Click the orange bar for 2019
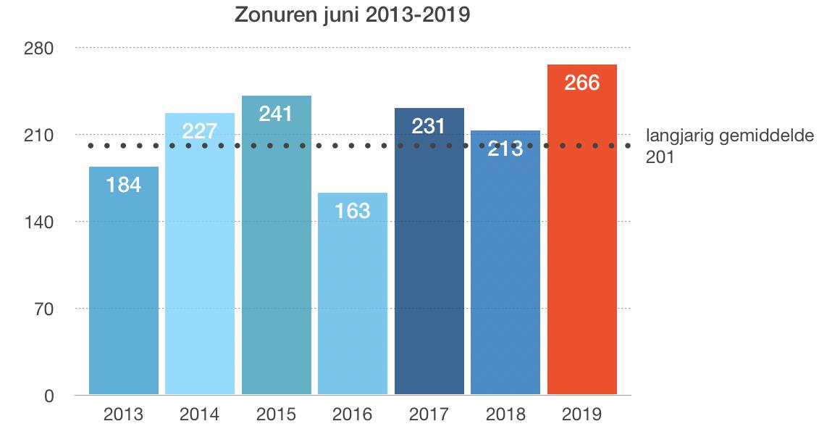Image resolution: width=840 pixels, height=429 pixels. (581, 239)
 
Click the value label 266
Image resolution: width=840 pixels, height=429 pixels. (581, 83)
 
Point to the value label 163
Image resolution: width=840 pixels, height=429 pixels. (353, 211)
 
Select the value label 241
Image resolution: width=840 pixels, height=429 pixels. (276, 114)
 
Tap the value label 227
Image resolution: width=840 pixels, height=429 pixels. (200, 131)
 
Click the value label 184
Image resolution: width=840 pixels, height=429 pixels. (124, 185)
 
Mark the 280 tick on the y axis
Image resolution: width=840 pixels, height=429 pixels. (40, 49)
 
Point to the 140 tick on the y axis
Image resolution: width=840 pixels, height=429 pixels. (40, 222)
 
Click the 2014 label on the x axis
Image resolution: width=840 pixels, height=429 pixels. (200, 415)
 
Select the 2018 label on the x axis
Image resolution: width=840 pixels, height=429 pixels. (505, 415)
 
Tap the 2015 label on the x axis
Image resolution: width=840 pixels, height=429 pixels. (276, 415)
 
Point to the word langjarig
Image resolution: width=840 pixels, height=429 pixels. (675, 136)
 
